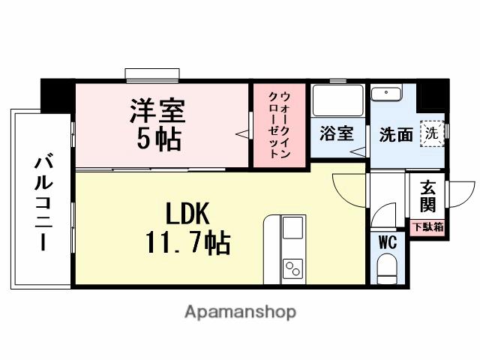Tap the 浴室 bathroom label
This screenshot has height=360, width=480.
point(337,134)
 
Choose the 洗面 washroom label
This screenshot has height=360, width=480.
point(396,134)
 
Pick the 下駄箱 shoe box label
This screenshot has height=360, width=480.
point(427,225)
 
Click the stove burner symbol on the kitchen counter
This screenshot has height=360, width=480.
point(291,267)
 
